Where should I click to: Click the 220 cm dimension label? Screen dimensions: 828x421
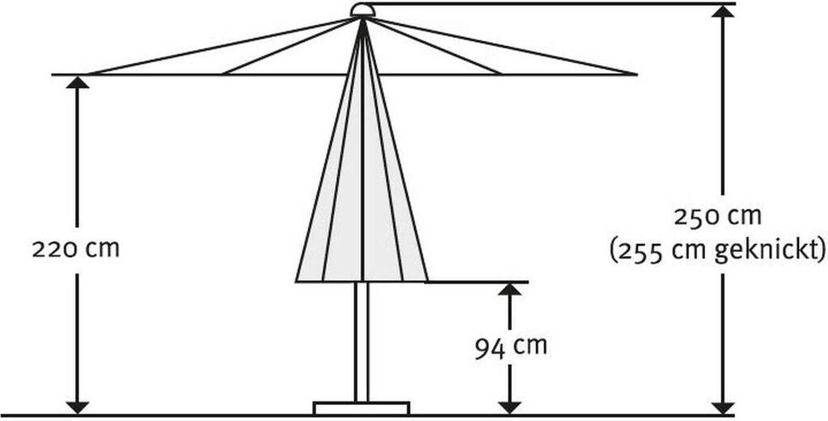tap(75, 248)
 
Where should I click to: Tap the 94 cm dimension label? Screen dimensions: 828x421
tap(509, 347)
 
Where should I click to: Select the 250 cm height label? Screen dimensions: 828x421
tap(718, 217)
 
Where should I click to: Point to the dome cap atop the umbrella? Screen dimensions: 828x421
tap(363, 10)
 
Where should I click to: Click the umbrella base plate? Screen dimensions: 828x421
tap(361, 408)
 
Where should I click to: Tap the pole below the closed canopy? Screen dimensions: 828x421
tap(361, 339)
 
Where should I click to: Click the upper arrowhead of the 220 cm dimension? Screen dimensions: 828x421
tap(78, 82)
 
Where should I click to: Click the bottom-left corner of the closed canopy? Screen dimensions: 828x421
tap(297, 280)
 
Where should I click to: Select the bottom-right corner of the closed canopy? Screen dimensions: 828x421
tap(427, 280)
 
